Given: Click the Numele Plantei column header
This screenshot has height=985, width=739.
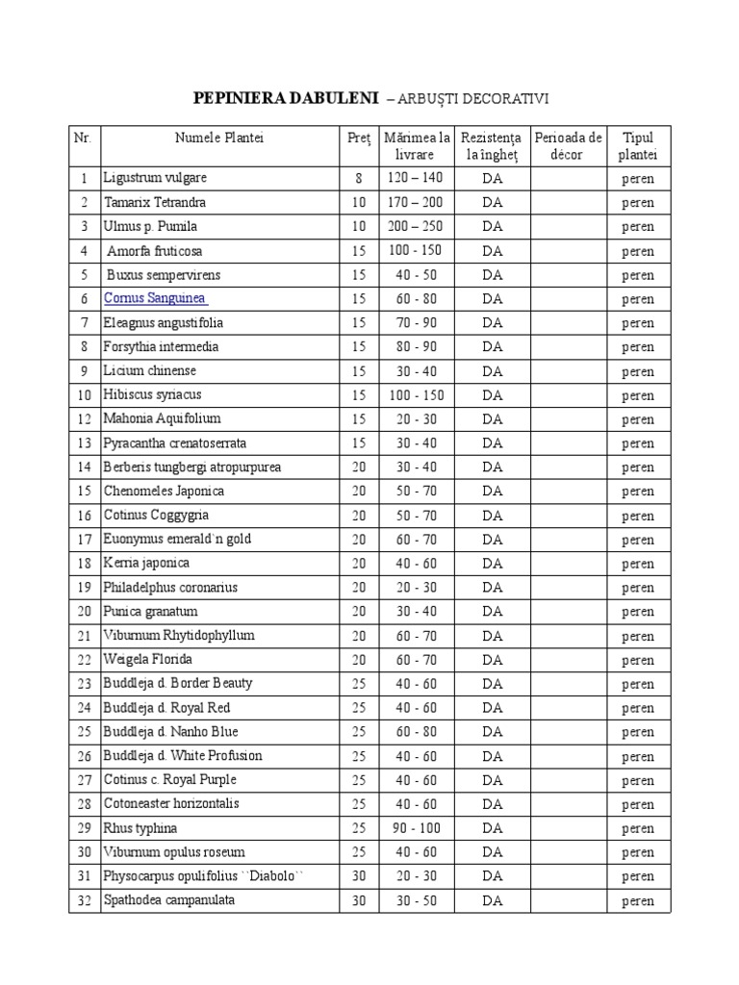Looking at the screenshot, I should coord(219,138).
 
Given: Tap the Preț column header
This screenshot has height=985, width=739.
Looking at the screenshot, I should coord(358,138).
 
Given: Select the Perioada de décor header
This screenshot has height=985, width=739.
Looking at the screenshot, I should coord(568,145).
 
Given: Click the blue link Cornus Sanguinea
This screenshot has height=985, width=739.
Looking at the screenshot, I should coord(155,298).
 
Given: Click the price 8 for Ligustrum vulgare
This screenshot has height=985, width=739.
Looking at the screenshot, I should coord(358,179).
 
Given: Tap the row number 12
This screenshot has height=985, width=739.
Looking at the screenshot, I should coord(85,419).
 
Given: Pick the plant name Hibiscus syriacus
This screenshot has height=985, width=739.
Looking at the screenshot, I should coord(152,394).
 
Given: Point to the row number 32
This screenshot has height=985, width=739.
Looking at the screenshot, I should coord(85,901).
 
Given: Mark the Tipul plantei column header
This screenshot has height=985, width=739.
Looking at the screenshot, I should coord(637,145).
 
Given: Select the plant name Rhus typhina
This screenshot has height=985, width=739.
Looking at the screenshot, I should coord(140,828).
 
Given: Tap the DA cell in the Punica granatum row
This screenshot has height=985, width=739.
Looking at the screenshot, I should coord(493,612).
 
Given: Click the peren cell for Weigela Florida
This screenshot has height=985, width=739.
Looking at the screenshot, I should coord(637,661).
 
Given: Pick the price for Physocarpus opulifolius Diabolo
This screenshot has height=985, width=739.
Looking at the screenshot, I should coord(358,876).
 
